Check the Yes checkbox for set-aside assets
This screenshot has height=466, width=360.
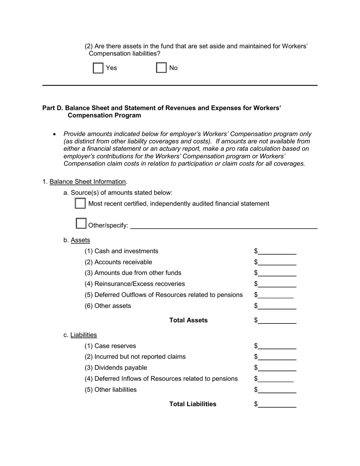tap(98, 68)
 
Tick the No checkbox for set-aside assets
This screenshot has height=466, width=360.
tap(161, 68)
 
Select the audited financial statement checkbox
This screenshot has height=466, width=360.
tap(80, 203)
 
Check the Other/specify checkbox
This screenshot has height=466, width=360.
tap(81, 223)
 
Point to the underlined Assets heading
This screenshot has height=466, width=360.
tap(80, 240)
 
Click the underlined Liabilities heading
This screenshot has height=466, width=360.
tap(84, 335)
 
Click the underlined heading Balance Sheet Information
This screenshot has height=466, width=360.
tap(88, 181)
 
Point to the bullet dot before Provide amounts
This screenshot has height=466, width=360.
tap(55, 134)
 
